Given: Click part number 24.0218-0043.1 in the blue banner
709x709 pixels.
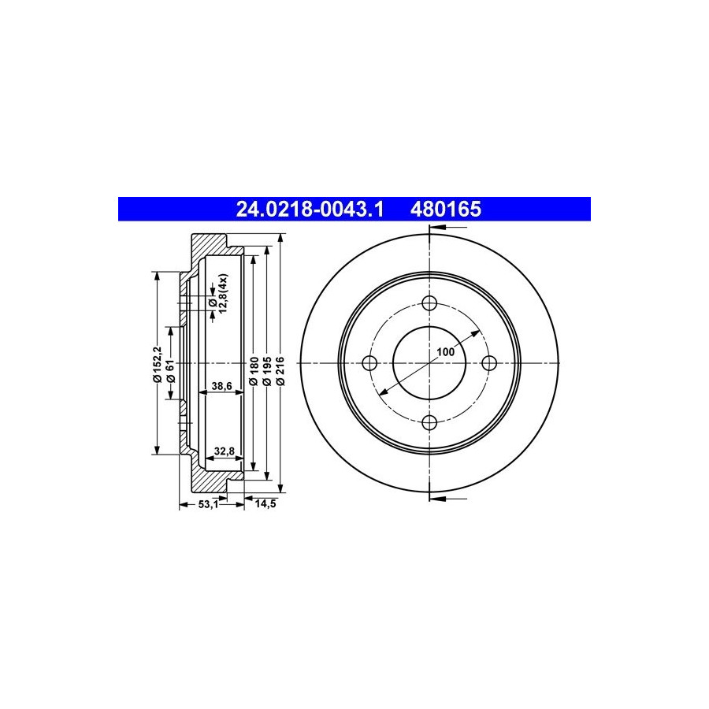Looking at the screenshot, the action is pyautogui.click(x=310, y=210).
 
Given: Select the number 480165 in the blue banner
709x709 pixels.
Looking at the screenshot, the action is pyautogui.click(x=446, y=210).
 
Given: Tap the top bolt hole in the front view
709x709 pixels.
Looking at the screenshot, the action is pyautogui.click(x=429, y=303).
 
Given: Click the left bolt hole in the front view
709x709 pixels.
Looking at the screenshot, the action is pyautogui.click(x=370, y=362).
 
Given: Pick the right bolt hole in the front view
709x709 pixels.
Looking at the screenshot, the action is pyautogui.click(x=489, y=362).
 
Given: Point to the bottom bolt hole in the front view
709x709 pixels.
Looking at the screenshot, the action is pyautogui.click(x=429, y=423).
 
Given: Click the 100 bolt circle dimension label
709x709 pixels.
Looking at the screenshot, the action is pyautogui.click(x=446, y=351).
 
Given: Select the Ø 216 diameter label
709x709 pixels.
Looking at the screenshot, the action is pyautogui.click(x=280, y=371).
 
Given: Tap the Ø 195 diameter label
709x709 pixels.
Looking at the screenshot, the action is pyautogui.click(x=267, y=371).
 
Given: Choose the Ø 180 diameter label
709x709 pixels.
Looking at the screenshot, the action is pyautogui.click(x=254, y=371).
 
